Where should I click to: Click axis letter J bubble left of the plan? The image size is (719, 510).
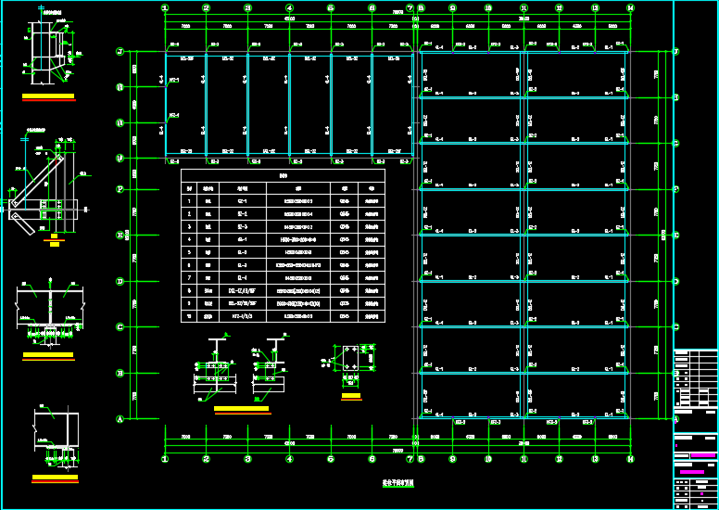coord(120,52)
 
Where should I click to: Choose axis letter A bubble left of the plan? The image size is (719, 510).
coord(120,418)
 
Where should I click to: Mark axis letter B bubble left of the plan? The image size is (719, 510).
coord(120,372)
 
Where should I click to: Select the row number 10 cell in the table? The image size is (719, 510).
coord(190,316)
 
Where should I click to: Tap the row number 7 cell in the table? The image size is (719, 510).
coord(190,277)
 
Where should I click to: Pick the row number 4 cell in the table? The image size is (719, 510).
coord(190,238)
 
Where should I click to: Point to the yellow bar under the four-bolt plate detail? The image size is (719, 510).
coord(351,396)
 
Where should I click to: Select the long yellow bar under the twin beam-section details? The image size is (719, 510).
coord(241,408)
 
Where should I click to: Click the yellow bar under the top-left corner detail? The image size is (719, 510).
coord(48,96)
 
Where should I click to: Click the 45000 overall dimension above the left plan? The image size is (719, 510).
coord(289,18)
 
